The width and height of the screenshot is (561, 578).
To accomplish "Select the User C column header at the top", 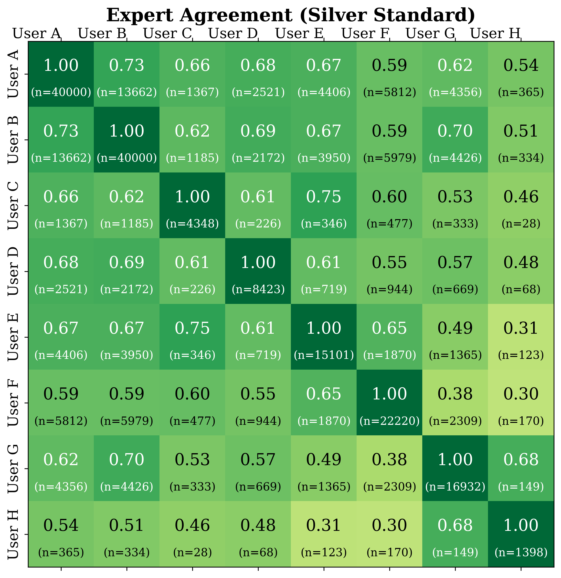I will click(x=168, y=33).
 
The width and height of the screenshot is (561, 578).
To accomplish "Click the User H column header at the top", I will click(x=495, y=33).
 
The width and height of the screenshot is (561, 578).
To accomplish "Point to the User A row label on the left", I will click(x=13, y=74).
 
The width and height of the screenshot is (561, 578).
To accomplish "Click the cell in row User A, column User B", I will click(x=127, y=74).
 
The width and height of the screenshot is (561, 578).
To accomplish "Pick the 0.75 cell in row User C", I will click(x=324, y=197).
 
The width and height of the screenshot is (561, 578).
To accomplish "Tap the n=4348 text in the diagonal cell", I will click(x=192, y=224).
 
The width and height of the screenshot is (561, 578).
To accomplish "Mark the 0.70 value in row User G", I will click(x=127, y=460).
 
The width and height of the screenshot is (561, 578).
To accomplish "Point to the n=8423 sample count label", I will click(x=258, y=289).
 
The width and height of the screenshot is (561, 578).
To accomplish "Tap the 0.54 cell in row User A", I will click(x=521, y=65).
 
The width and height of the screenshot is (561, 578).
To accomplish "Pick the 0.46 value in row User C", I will click(x=521, y=197).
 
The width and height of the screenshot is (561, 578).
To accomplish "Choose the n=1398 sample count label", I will click(x=521, y=552).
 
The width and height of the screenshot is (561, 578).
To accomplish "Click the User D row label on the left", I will click(x=13, y=271).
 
